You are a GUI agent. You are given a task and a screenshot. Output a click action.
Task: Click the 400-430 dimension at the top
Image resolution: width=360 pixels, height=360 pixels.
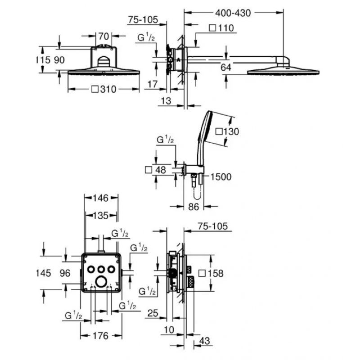coord(233,13)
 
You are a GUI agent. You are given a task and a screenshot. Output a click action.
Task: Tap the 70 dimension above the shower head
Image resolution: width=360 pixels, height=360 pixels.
coord(103,36)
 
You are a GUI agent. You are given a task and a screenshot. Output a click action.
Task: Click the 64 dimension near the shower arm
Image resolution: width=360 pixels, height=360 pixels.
coord(226,67)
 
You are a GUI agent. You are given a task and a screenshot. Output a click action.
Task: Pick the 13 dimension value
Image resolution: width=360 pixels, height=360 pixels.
coord(166,101)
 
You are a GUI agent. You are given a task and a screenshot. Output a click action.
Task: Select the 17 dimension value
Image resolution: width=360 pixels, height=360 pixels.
coord(153,84)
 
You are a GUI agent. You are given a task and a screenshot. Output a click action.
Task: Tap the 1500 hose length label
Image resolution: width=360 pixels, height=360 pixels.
coord(221,177)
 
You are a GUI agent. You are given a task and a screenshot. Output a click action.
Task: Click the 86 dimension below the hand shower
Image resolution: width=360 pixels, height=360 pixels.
coord(193,207)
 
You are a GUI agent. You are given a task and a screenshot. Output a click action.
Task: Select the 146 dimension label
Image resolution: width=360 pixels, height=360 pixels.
coord(100,198)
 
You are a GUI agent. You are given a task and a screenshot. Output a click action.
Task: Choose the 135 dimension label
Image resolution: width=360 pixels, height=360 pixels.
coord(100,216)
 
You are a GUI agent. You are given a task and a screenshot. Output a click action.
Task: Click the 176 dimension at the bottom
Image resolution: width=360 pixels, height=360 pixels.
coord(100,336)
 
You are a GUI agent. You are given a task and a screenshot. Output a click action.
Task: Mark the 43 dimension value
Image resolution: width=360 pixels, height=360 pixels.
coord(205,341)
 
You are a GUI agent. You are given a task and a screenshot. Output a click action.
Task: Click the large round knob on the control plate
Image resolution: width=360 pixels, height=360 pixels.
coord(101,282)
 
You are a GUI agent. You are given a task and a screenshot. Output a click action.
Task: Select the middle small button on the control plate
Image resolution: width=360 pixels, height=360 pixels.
coord(101,269)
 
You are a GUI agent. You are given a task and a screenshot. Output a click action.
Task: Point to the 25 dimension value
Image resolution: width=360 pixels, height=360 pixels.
coord(153,313)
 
